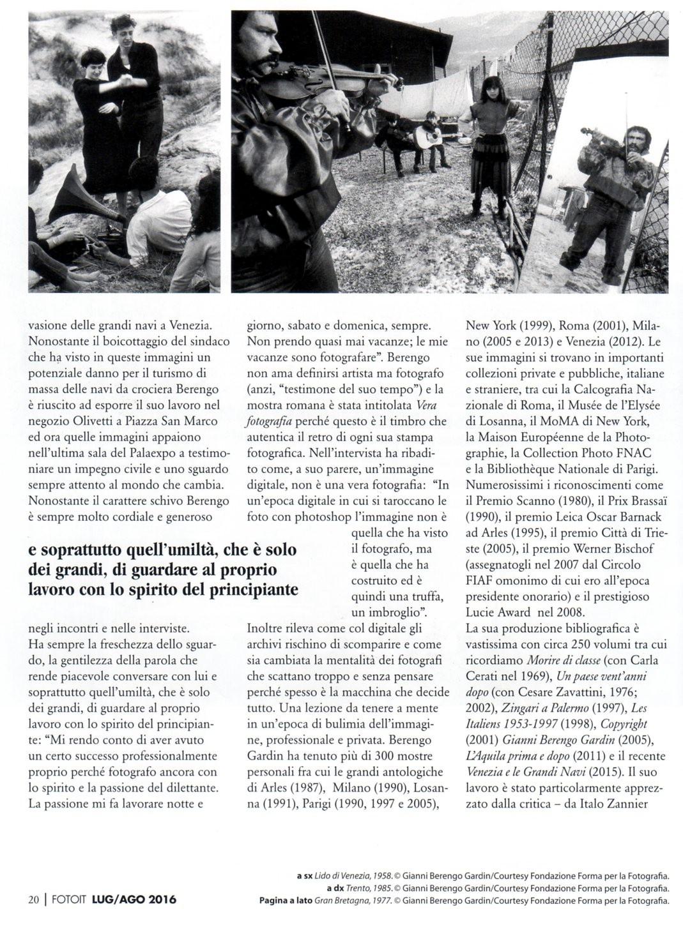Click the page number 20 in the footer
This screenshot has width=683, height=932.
click(x=33, y=900)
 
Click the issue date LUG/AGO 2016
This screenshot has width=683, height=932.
click(x=134, y=900)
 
